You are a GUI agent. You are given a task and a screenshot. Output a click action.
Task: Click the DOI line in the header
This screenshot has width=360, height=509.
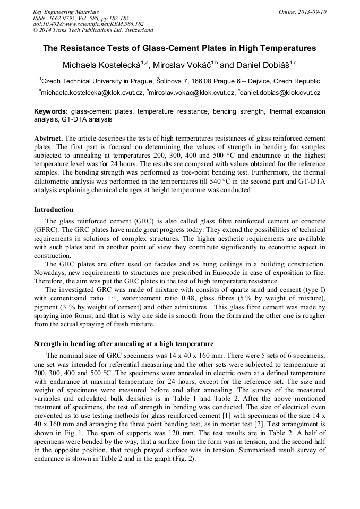click(x=89, y=24)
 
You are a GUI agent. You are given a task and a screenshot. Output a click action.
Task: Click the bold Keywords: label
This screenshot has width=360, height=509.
click(x=51, y=112)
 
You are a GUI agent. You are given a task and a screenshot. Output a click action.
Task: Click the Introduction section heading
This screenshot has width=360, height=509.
click(x=54, y=210)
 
